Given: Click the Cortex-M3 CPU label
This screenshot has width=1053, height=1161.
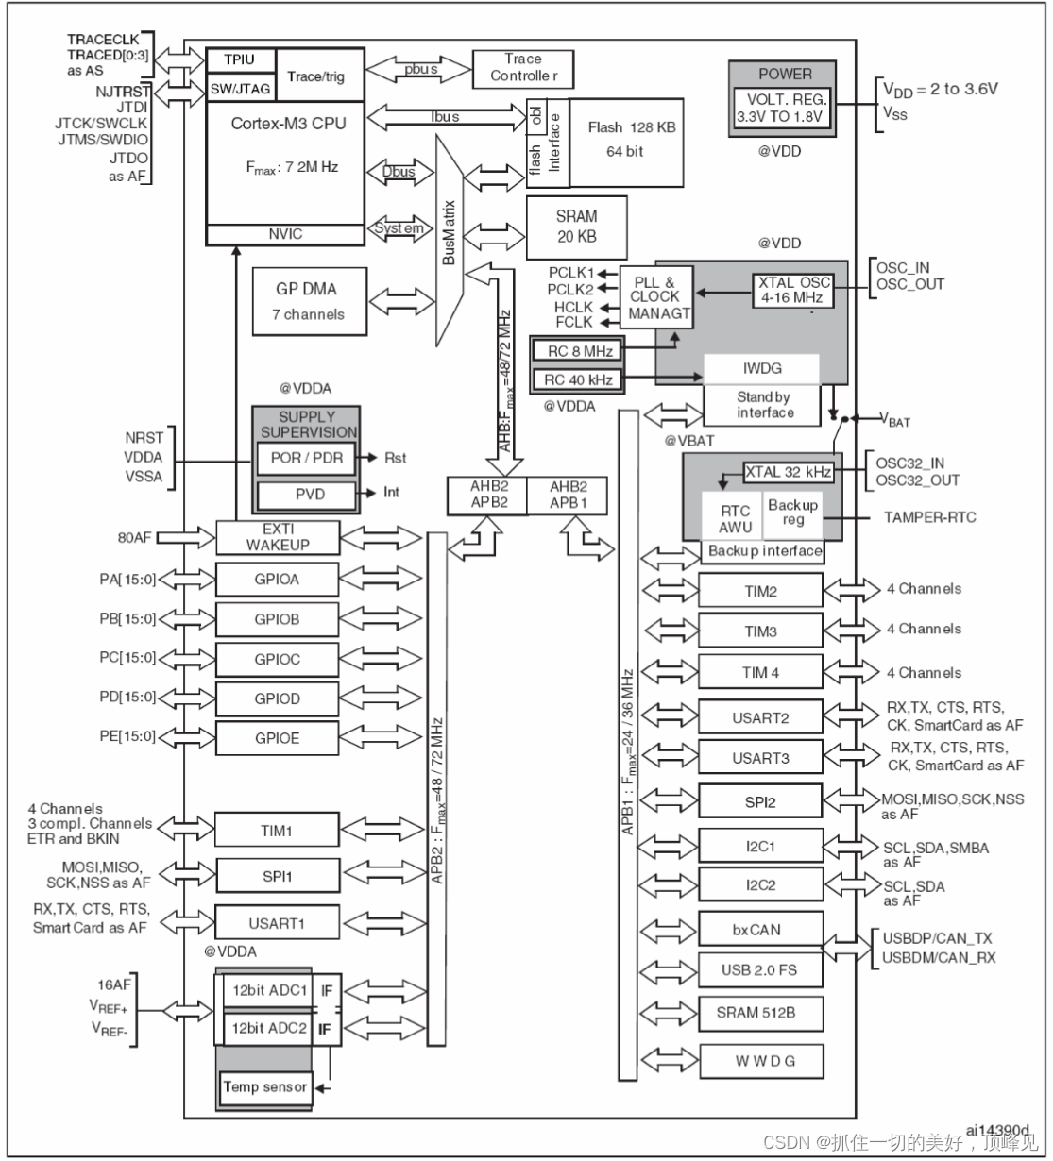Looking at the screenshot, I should point(288,124).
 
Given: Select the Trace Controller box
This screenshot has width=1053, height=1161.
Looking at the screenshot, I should point(522,67).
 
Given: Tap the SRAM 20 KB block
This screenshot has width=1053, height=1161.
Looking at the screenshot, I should point(576,226).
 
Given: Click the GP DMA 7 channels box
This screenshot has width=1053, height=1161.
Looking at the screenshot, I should point(308,301).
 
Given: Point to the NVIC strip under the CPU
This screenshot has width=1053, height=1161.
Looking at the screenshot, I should point(285,233).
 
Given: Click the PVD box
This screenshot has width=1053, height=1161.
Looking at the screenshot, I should point(306,493).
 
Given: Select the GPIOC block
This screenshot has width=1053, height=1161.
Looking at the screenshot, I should point(277,659).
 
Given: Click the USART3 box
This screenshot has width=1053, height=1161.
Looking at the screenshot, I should point(760,758).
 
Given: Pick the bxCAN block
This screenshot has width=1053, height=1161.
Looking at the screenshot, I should point(760,930).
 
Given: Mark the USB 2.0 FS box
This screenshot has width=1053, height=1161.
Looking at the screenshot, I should point(760,970).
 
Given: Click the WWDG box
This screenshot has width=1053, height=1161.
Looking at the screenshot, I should point(760,1060).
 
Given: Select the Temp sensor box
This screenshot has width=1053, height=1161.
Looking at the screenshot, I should point(264,1087).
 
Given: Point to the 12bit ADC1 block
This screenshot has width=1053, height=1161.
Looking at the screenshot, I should point(269,991).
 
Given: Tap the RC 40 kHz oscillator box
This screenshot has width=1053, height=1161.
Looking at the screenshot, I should point(578,380).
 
